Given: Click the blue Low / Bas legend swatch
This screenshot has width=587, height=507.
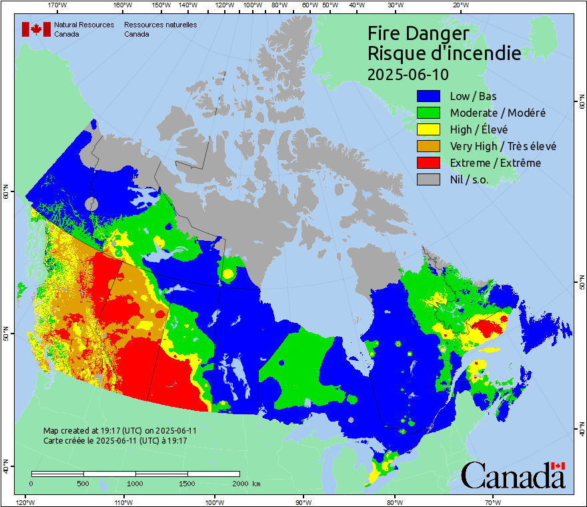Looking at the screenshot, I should [x=429, y=97].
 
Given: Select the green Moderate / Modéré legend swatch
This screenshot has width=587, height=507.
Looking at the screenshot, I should [x=429, y=113].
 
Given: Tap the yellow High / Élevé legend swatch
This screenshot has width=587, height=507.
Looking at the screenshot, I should [x=429, y=129].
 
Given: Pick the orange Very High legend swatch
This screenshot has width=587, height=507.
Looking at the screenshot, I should [x=429, y=146].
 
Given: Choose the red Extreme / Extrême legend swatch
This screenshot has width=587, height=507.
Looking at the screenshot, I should [x=429, y=163].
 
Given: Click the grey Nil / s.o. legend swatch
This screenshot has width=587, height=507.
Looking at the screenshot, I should [x=429, y=179].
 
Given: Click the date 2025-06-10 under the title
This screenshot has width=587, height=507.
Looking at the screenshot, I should [x=408, y=73].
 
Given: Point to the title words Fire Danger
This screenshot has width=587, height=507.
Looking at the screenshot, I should [x=418, y=33].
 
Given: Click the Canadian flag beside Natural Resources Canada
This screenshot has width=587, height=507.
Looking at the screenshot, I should [x=36, y=29].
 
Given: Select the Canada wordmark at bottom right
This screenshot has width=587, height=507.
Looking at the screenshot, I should [x=513, y=475].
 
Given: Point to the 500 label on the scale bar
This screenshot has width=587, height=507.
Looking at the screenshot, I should [x=83, y=484].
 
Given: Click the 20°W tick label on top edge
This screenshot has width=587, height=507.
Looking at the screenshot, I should [x=459, y=5].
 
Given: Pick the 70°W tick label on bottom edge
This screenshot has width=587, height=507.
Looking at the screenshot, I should [x=492, y=502].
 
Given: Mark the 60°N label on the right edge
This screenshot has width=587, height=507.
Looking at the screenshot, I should [x=582, y=104].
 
